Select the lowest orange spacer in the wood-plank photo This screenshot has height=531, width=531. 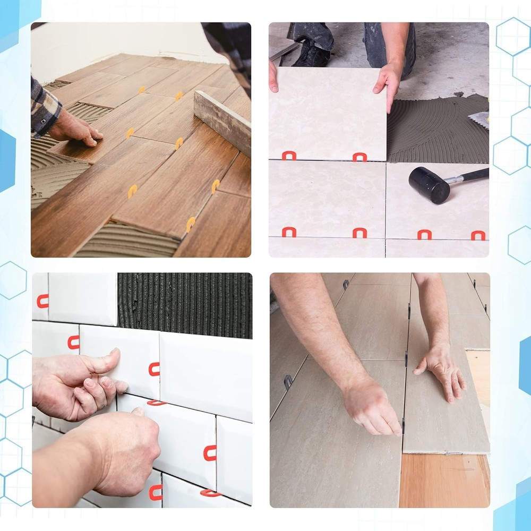click(x=191, y=224)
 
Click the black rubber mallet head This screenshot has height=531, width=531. click(x=429, y=185)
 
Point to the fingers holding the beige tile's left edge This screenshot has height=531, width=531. click(x=273, y=77)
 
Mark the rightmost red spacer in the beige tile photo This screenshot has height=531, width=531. click(x=478, y=235)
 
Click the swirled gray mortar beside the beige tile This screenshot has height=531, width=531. click(x=435, y=133)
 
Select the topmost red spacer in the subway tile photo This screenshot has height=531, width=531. click(x=42, y=301)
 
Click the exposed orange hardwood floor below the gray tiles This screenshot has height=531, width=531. click(x=443, y=481)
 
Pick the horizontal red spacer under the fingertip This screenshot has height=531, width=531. click(x=156, y=402)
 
